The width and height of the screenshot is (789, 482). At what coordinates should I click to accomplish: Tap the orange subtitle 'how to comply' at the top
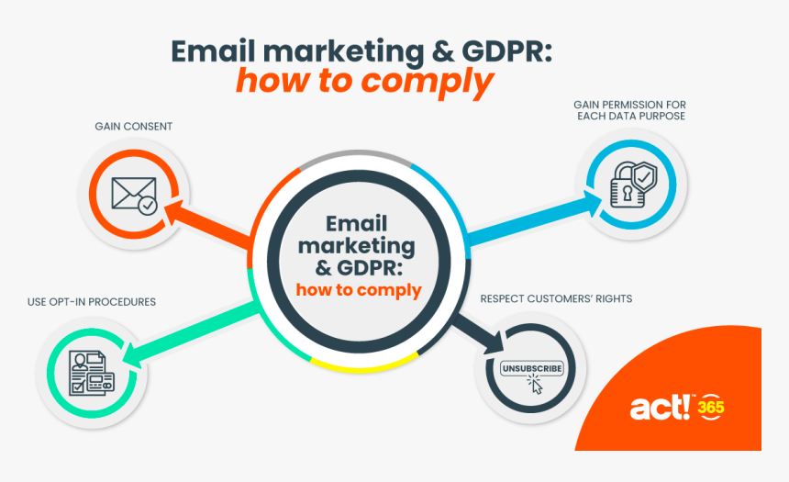coord(365,82)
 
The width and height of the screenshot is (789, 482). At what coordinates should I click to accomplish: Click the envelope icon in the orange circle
coord(134,193)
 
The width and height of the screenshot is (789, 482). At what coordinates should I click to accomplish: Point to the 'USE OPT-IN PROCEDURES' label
coord(91,302)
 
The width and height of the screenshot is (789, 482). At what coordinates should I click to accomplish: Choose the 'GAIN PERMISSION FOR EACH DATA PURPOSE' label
coord(630,110)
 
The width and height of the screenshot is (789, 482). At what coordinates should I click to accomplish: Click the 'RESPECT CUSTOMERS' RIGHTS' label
coord(556,299)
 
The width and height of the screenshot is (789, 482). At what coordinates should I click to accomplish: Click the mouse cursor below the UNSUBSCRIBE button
coord(535,386)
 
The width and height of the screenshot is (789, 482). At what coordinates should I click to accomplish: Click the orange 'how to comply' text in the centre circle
coord(358,291)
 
